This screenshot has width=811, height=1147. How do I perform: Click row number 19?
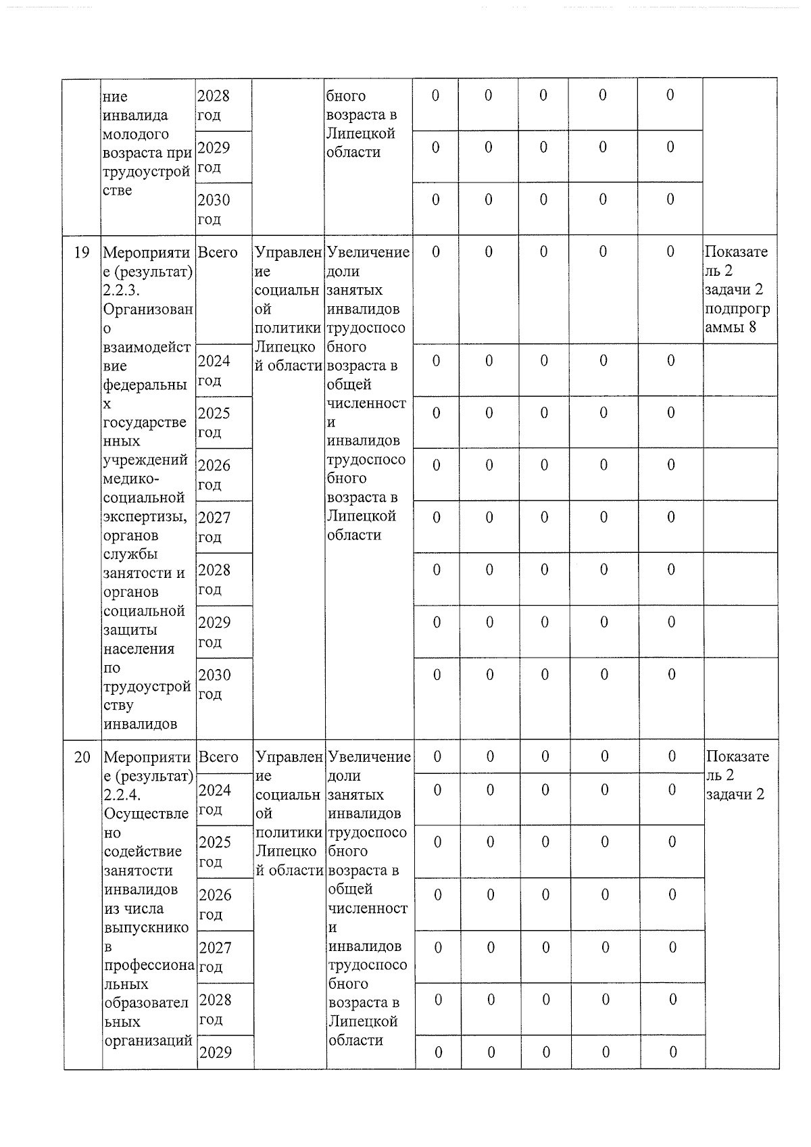tap(81, 253)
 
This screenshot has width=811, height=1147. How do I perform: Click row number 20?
tap(82, 757)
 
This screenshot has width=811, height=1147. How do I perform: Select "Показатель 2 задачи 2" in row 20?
tap(737, 775)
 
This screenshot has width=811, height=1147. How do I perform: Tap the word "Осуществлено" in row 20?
tap(145, 823)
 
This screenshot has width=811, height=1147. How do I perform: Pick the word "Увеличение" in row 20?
tap(369, 757)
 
